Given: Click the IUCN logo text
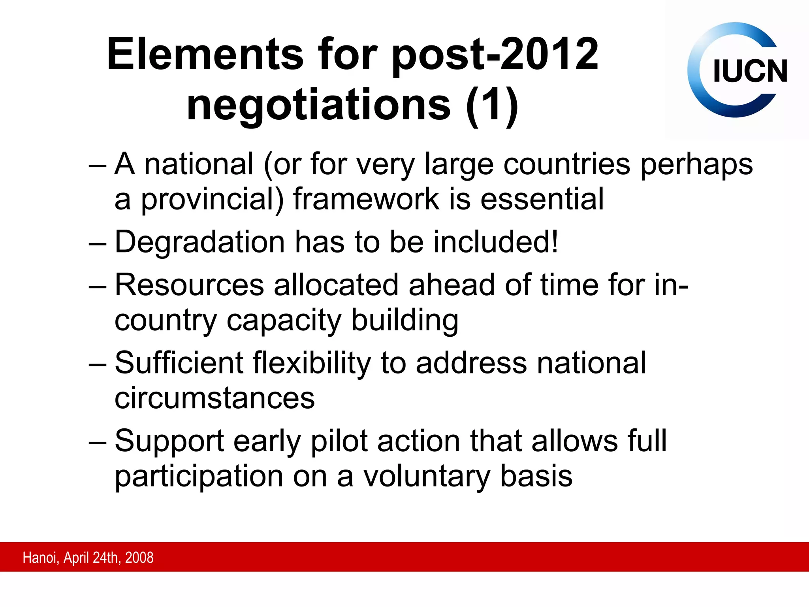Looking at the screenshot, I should (750, 71).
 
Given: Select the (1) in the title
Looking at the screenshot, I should (492, 105).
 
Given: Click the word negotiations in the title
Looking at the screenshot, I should (318, 105).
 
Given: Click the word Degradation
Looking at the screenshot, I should (200, 242).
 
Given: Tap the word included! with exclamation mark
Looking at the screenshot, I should (496, 241).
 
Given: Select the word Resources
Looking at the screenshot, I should (189, 285).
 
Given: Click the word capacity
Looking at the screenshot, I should (284, 321).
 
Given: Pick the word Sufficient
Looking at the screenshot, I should (179, 363).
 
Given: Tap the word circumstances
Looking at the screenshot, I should (214, 398).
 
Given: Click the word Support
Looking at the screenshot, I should (169, 441).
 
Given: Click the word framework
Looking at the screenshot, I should (366, 199).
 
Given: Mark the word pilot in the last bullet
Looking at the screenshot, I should (339, 441).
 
